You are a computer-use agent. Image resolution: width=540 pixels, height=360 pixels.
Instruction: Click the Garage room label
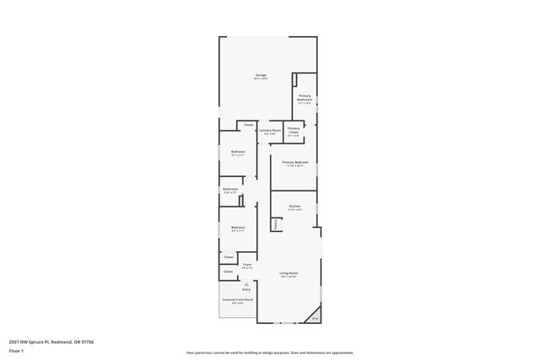(x=261, y=76)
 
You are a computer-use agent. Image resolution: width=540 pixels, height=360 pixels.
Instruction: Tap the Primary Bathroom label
(x=305, y=98)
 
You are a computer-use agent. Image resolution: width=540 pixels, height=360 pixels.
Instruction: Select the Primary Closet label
(x=293, y=129)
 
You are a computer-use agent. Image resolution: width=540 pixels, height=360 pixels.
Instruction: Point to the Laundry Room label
(x=269, y=131)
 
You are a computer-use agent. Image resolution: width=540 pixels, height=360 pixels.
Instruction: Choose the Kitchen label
(x=294, y=207)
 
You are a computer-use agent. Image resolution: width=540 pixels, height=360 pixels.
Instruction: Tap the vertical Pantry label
(x=275, y=224)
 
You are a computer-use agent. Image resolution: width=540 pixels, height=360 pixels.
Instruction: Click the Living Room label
(x=289, y=273)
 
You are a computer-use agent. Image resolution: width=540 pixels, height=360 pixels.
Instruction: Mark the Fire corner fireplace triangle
(x=315, y=319)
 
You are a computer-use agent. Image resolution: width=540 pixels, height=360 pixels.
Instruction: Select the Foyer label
(x=247, y=265)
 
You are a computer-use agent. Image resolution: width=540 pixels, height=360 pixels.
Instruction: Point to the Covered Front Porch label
(x=237, y=300)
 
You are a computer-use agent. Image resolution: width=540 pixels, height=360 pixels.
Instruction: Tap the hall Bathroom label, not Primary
(x=230, y=190)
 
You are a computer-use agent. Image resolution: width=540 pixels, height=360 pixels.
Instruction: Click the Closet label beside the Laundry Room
(x=248, y=125)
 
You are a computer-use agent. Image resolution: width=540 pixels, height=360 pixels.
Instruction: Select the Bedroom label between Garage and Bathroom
(x=238, y=152)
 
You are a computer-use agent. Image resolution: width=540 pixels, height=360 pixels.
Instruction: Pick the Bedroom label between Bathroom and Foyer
(x=238, y=227)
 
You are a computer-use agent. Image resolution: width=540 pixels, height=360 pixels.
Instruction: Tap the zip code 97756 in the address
(x=86, y=341)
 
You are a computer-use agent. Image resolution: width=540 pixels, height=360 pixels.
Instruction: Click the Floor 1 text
(x=15, y=350)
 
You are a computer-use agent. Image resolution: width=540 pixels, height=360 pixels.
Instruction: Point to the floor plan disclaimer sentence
(x=269, y=352)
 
